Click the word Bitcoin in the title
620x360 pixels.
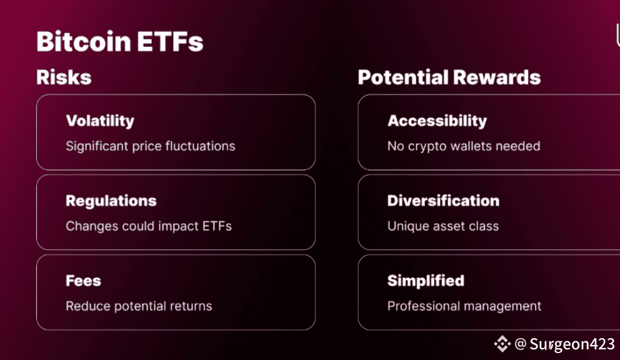pos(83,41)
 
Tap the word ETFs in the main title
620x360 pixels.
pos(171,41)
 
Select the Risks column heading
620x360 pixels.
pos(64,77)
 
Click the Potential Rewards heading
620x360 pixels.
pos(449,77)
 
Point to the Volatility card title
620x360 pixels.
pos(100,121)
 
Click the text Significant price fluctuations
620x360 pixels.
pos(150,146)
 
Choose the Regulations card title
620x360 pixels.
pos(111,201)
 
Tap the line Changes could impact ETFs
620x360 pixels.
pos(149,226)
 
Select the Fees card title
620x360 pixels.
pos(83,281)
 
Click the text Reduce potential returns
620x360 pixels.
pos(139,306)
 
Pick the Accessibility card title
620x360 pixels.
pos(437,121)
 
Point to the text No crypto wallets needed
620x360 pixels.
pos(463,146)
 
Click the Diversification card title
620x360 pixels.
pos(443,201)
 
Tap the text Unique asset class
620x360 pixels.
pos(443,226)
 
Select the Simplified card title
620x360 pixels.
pos(426,281)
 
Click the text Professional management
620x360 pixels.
pos(464,306)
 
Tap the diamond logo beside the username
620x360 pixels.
pos(502,344)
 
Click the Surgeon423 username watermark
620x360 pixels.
pos(572,344)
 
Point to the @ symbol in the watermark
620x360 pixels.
pos(521,344)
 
